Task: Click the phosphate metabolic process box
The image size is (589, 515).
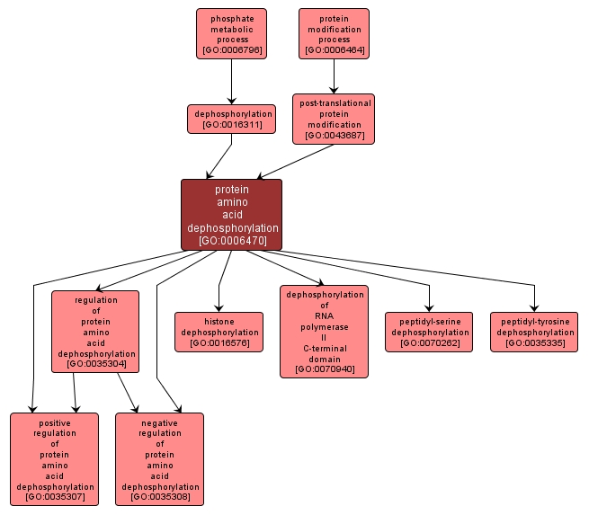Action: pos(232,34)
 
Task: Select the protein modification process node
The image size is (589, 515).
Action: pos(334,34)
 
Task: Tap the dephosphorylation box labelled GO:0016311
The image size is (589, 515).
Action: pos(231,120)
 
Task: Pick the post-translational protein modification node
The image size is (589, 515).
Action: pos(334,120)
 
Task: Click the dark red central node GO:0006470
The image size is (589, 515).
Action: pos(231,215)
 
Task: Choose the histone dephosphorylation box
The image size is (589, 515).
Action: pos(219,332)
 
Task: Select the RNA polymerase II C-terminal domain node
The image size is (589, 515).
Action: pos(325,332)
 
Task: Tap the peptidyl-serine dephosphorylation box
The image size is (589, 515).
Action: pos(429,332)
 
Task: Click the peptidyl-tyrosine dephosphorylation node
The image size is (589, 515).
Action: pos(535,332)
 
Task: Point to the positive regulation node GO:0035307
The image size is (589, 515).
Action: pos(55,459)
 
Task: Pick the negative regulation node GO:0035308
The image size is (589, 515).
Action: pos(160,459)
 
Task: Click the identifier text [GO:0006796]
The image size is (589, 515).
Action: pos(232,50)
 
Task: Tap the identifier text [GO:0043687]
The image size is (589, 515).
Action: pos(334,136)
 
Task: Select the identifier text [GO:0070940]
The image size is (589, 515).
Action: pos(325,369)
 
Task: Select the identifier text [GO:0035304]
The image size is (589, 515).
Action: pos(96,364)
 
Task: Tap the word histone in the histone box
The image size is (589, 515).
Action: pos(219,322)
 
